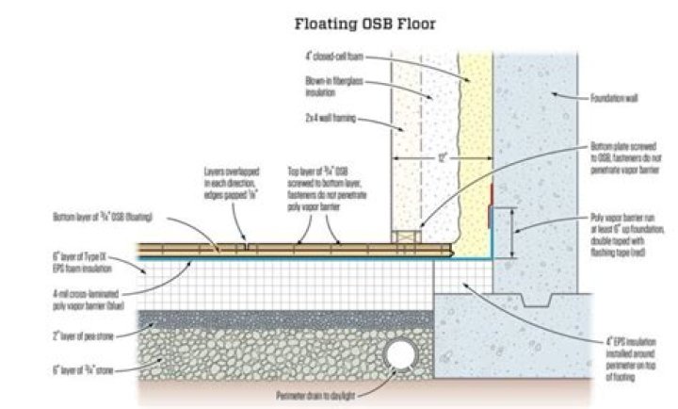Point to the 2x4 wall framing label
pos(331,120)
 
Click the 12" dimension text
pos(441,157)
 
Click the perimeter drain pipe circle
pos(398,355)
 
